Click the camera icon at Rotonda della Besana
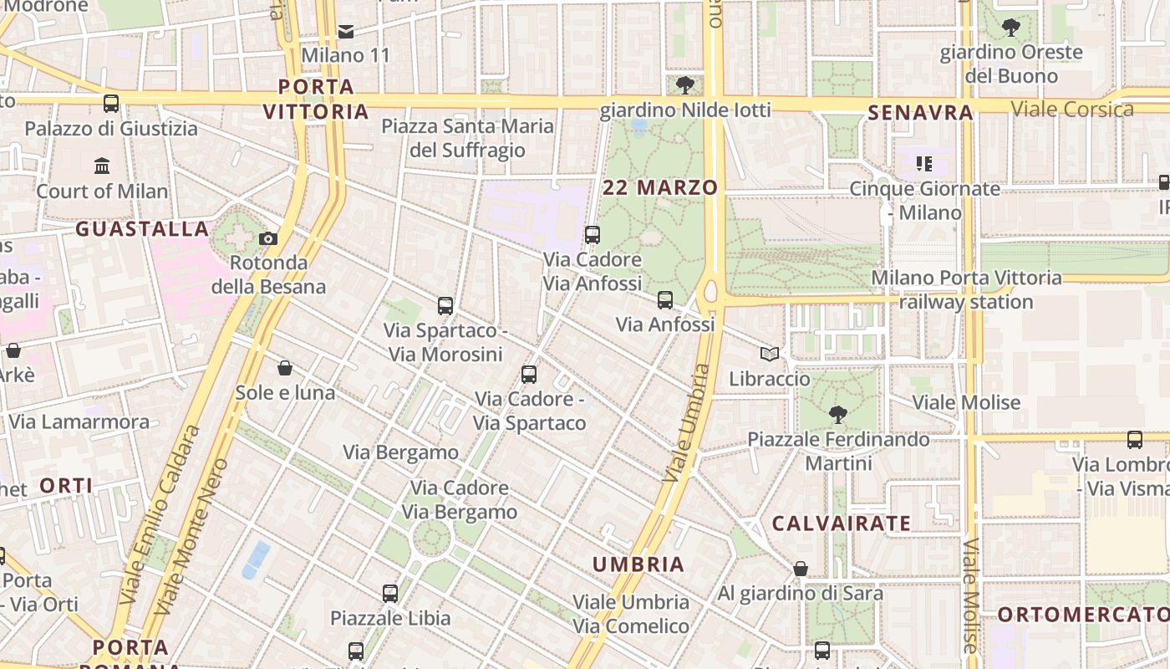(x=268, y=238)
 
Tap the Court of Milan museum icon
(x=102, y=166)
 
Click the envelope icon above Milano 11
(x=346, y=32)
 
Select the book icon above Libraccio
(x=770, y=355)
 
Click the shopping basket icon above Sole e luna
(x=285, y=368)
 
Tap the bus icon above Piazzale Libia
(x=390, y=594)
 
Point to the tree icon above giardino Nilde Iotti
(x=684, y=85)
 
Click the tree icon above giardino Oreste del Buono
(x=1011, y=28)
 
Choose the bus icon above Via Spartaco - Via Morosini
(x=445, y=306)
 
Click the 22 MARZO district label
(x=660, y=187)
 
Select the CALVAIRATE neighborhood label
(x=841, y=523)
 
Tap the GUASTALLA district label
(x=142, y=228)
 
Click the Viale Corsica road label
(x=1072, y=109)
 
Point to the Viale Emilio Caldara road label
(x=160, y=514)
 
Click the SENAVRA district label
(x=920, y=112)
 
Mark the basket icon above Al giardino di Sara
(x=801, y=569)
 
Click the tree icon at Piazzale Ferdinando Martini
(x=837, y=414)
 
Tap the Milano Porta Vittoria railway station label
(x=966, y=289)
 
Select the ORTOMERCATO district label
(x=1083, y=614)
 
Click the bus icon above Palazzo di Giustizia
(x=111, y=104)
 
